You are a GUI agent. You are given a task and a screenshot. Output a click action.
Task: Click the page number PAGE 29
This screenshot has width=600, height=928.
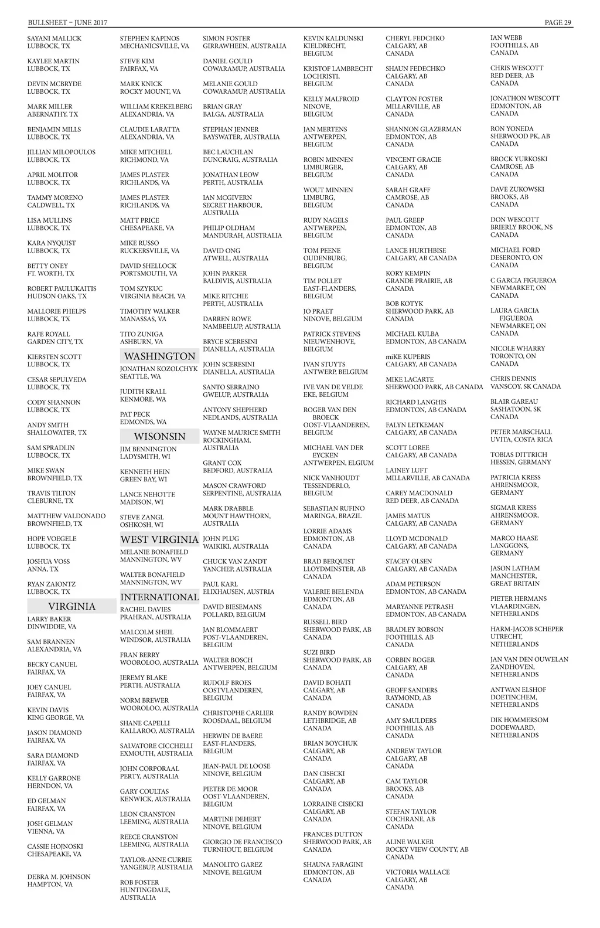tap(558, 23)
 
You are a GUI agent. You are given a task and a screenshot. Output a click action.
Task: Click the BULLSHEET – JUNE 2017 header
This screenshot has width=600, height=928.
tap(67, 23)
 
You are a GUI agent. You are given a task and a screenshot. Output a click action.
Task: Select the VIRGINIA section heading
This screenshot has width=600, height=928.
tap(71, 606)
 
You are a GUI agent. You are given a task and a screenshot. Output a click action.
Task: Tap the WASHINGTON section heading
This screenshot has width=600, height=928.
tap(159, 356)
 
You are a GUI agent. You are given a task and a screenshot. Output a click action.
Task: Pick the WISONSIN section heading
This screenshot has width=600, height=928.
tap(159, 437)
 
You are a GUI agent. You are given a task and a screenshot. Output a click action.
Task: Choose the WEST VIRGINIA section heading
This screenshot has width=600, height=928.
tap(159, 539)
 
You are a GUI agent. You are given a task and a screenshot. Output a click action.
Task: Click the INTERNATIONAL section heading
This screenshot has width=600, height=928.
tap(159, 597)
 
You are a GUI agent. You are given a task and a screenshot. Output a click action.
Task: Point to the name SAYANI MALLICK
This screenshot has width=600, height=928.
tap(54, 39)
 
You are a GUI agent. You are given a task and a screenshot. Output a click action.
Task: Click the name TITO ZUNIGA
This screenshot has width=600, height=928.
tap(142, 334)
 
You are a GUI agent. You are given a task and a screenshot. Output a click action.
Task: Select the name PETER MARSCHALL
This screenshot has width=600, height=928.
tap(521, 432)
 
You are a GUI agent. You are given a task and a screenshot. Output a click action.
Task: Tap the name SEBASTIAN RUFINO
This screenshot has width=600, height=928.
tap(334, 508)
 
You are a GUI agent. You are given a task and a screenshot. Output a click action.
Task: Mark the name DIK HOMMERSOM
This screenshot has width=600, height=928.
tap(519, 720)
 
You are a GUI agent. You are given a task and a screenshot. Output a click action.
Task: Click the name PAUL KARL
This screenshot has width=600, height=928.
tap(220, 584)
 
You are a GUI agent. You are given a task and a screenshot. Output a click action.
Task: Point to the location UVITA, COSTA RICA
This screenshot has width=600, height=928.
tap(521, 440)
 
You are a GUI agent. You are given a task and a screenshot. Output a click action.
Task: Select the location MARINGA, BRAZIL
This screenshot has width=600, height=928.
tap(332, 516)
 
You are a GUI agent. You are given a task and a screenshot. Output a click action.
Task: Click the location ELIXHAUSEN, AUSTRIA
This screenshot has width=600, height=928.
tap(238, 592)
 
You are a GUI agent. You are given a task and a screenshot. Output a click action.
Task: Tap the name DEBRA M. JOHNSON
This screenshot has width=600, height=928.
tap(59, 877)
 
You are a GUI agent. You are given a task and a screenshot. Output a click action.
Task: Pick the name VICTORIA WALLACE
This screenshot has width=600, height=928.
tap(418, 872)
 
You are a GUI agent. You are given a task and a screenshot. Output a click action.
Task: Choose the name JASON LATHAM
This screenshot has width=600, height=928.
tap(515, 569)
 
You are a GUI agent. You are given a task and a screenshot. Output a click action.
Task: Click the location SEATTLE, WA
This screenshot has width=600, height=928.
tap(140, 376)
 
